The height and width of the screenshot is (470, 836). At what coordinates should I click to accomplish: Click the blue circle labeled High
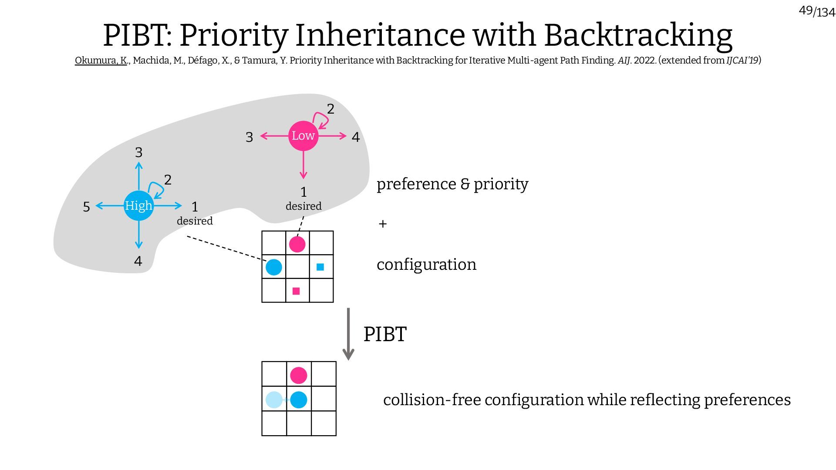click(x=138, y=205)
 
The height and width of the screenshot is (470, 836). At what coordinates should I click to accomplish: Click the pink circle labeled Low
click(x=303, y=136)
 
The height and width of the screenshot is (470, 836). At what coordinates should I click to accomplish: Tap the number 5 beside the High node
click(x=86, y=207)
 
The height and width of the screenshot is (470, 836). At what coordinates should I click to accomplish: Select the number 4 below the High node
click(x=138, y=261)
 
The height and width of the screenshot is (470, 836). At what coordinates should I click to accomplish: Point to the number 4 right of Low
click(x=356, y=138)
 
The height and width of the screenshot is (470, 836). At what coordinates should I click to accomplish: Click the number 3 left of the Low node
click(x=249, y=138)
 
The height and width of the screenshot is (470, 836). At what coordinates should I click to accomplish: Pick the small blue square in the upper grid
click(x=320, y=267)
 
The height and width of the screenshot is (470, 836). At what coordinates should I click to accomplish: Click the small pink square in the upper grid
click(x=296, y=291)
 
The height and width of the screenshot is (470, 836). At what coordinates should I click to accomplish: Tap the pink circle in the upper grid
click(x=297, y=244)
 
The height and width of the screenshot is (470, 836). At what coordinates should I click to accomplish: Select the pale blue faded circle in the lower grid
click(x=274, y=399)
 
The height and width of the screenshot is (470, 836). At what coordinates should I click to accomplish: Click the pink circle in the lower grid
click(x=298, y=375)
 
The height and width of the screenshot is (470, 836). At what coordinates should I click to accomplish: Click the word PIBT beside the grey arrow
click(x=385, y=334)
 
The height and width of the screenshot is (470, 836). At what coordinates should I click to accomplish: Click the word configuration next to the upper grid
click(x=426, y=265)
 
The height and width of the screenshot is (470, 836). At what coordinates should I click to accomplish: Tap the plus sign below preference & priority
click(x=383, y=224)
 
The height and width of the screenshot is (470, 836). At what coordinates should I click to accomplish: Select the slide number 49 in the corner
click(x=806, y=10)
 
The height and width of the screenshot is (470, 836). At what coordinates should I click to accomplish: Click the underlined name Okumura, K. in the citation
click(x=101, y=60)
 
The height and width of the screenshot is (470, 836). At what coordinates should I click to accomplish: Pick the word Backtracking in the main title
click(x=638, y=35)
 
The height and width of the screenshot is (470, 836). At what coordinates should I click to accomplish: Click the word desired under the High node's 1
click(x=195, y=221)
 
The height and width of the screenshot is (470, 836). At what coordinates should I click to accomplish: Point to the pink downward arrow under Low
click(x=303, y=165)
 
